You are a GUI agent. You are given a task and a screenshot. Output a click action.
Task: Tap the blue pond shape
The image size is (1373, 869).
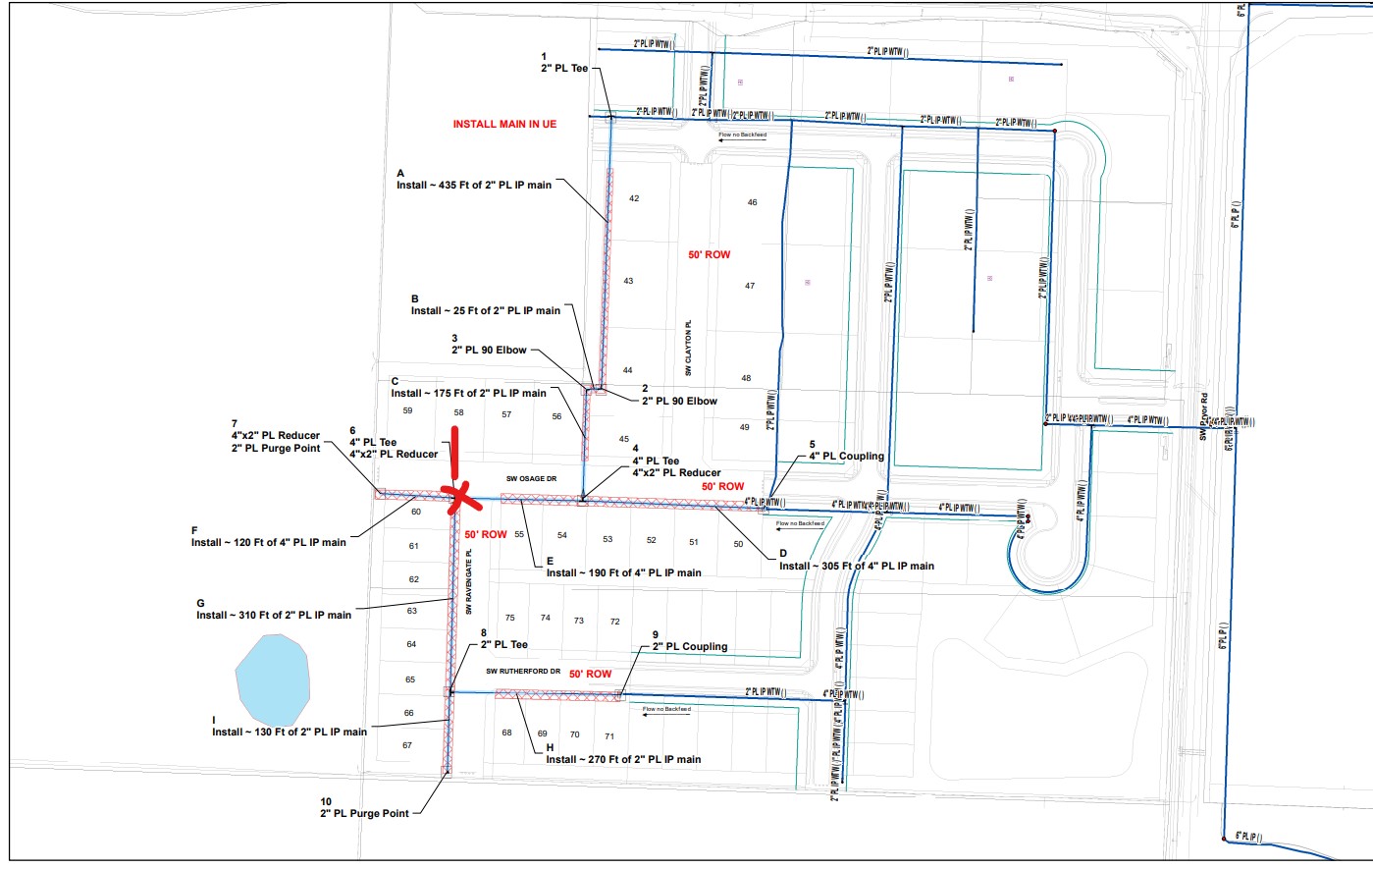tap(274, 679)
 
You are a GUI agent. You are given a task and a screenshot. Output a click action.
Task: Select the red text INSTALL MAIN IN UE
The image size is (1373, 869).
tap(504, 125)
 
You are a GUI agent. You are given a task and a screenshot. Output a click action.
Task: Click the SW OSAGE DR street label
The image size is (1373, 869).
tap(531, 479)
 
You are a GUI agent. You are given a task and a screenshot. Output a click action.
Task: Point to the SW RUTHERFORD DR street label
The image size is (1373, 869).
tap(523, 672)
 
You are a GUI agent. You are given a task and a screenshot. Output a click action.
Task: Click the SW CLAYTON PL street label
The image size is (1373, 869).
tap(689, 347)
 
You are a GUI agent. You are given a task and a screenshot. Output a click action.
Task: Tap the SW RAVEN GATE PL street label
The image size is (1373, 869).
tap(469, 582)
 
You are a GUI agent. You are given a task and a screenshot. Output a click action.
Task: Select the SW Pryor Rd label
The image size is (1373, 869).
tap(1203, 416)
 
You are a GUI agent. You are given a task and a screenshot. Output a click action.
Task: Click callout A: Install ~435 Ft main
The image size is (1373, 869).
tap(474, 185)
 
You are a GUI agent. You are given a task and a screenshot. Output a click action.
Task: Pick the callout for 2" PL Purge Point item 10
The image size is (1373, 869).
tap(364, 813)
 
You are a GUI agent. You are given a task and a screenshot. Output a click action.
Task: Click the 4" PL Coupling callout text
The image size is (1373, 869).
tap(846, 456)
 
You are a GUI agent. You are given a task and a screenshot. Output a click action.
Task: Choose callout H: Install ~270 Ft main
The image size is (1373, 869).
tap(623, 759)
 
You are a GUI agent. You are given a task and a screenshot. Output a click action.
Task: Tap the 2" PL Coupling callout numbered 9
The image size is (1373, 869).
tap(690, 646)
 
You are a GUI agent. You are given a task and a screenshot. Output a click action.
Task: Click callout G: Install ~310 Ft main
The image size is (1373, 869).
tap(274, 615)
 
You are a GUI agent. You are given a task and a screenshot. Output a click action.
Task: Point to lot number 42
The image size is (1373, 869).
tap(634, 198)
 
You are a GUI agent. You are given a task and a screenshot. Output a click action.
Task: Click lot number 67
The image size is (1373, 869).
tap(407, 745)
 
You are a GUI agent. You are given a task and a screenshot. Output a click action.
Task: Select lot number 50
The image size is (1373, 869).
tap(738, 544)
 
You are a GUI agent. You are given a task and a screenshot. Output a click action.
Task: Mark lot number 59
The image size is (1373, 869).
tap(407, 411)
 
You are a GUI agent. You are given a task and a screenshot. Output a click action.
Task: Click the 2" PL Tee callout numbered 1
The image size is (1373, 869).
tap(564, 68)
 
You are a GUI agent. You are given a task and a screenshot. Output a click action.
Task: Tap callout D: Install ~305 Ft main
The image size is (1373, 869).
tap(857, 566)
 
